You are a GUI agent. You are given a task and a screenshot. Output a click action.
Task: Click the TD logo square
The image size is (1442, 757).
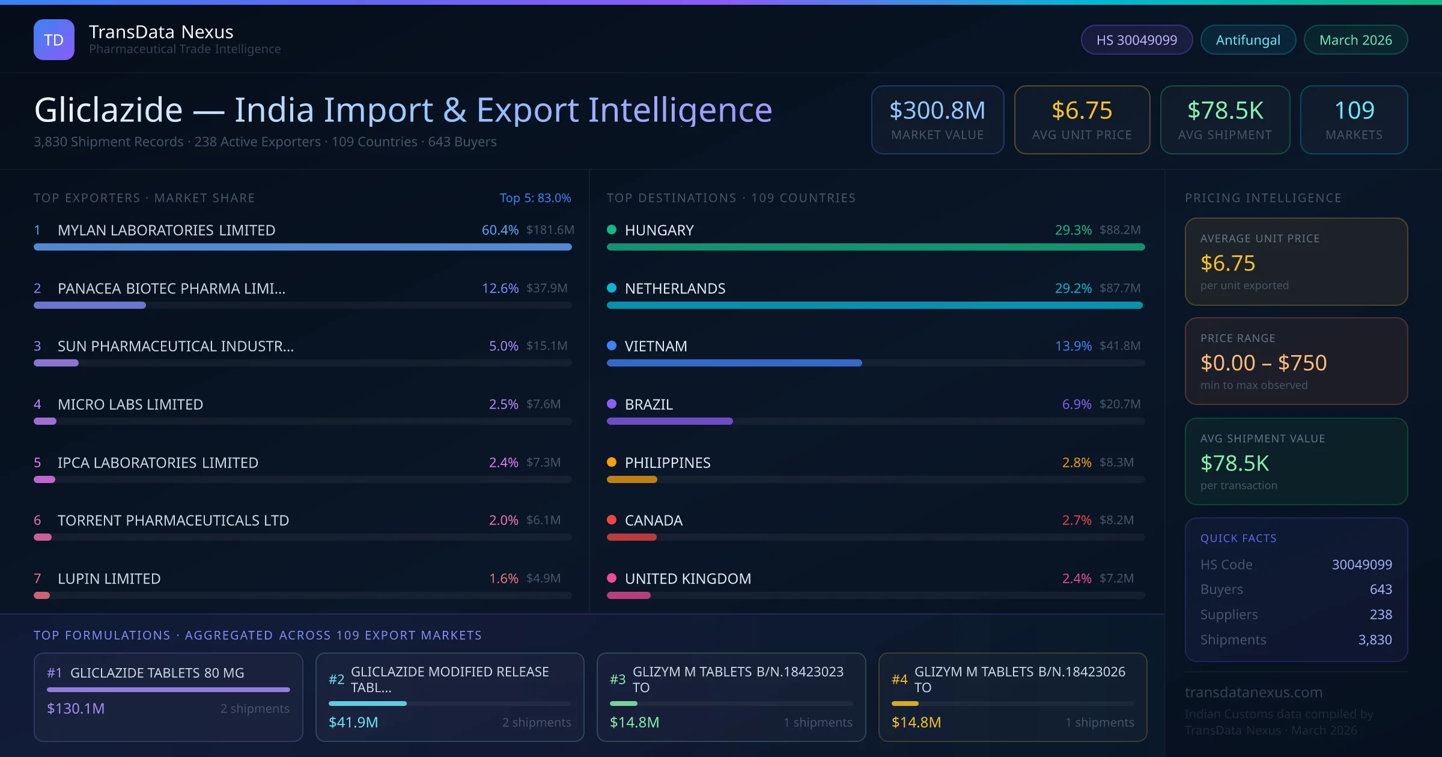(x=54, y=40)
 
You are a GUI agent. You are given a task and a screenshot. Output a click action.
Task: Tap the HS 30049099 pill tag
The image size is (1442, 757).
(x=1136, y=40)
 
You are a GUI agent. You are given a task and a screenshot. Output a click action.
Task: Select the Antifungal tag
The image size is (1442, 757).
(x=1247, y=40)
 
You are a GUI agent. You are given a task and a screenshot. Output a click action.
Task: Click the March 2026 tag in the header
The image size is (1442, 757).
(x=1355, y=40)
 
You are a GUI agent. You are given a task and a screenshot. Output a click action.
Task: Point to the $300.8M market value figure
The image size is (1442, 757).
(x=937, y=111)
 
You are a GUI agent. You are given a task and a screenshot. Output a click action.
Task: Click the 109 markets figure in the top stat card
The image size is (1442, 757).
(x=1354, y=111)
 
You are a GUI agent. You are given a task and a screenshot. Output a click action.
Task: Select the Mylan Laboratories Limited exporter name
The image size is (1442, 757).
(x=166, y=230)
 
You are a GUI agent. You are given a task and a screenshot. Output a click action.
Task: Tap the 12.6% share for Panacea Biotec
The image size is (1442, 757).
(x=500, y=288)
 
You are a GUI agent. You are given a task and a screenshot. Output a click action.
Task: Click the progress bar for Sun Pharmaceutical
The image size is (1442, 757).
(x=56, y=363)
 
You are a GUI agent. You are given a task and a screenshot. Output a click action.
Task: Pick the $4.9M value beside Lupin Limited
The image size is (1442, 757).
(x=543, y=579)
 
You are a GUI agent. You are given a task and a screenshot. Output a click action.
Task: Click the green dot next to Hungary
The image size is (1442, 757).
(x=612, y=230)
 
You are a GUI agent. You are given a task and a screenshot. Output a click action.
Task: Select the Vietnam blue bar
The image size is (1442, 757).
(x=734, y=363)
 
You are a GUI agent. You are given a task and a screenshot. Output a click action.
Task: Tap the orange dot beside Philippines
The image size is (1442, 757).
(x=612, y=462)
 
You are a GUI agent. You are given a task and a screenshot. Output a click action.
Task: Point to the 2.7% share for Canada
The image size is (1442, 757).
(x=1076, y=520)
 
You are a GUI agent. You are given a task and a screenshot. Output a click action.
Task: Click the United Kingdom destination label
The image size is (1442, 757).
(x=687, y=579)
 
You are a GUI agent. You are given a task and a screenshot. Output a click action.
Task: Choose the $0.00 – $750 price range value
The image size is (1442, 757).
(x=1263, y=363)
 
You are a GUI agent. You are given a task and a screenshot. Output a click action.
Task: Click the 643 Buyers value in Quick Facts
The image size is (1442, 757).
(x=1380, y=589)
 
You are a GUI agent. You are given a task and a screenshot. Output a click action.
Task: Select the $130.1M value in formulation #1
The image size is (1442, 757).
(x=76, y=709)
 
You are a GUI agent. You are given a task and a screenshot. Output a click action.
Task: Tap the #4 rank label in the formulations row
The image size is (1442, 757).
(x=899, y=679)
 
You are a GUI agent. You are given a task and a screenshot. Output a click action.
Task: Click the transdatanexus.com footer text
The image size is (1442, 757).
(x=1253, y=692)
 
